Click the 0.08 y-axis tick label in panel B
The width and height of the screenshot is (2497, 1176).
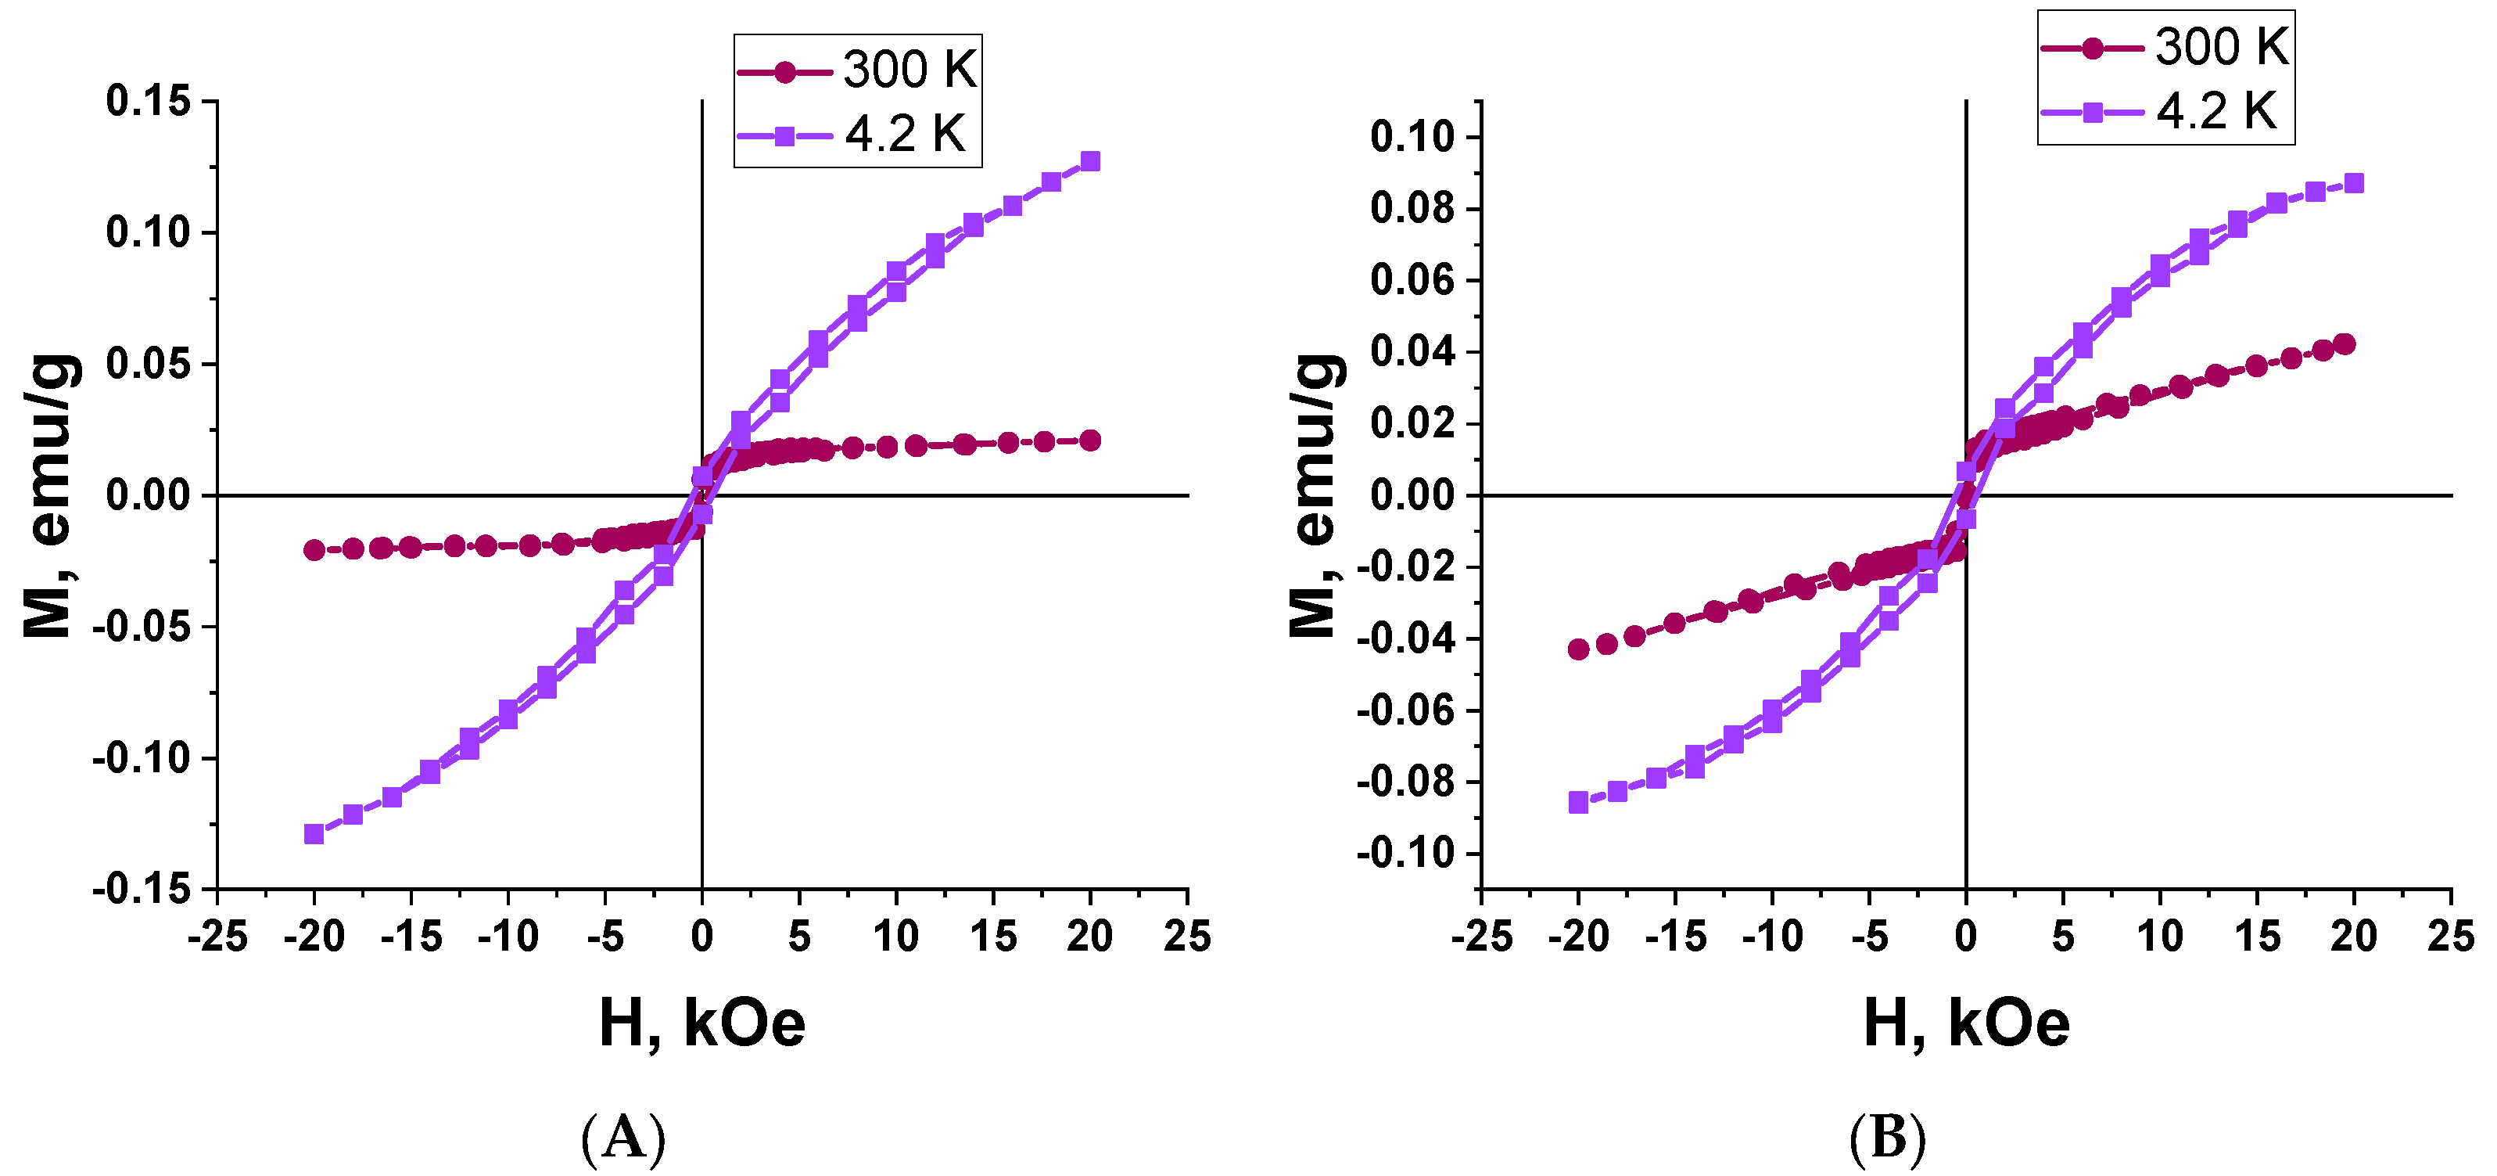tap(1412, 208)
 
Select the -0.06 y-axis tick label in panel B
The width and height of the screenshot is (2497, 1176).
tap(1405, 710)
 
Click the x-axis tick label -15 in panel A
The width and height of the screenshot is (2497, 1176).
tap(411, 936)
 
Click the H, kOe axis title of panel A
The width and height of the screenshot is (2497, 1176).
tap(701, 1023)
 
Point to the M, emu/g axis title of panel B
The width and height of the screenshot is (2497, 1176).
tap(1315, 494)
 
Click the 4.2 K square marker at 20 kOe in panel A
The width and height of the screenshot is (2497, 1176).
tap(1090, 161)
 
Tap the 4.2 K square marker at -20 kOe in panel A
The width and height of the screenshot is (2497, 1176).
tap(314, 834)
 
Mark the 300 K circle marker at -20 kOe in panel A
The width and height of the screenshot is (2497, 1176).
tap(314, 550)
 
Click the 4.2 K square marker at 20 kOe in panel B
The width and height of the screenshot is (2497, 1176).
tap(2355, 183)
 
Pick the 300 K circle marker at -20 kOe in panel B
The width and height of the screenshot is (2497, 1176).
tap(1578, 649)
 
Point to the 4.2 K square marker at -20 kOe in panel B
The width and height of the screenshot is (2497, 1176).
tap(1578, 802)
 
